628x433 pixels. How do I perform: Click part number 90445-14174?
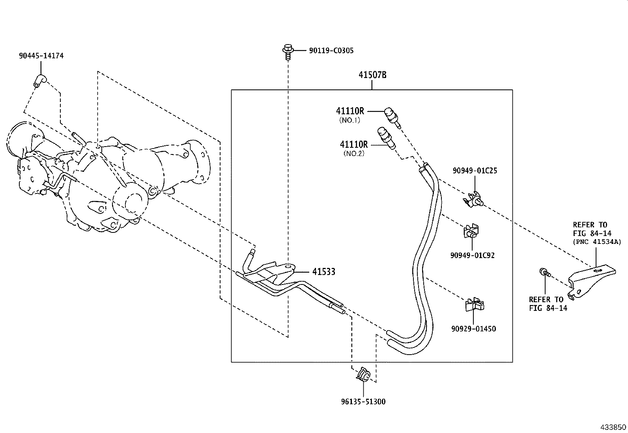(x=41, y=56)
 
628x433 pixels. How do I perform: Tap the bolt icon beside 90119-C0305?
(x=288, y=52)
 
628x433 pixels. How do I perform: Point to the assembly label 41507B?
(x=372, y=75)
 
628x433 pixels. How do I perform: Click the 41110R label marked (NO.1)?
(x=350, y=111)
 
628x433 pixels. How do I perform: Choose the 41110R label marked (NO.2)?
(x=354, y=144)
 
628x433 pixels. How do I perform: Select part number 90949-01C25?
(x=475, y=171)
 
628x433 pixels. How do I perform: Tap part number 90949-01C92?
(x=472, y=255)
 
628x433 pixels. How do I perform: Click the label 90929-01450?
(x=473, y=329)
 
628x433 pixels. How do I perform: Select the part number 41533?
(x=323, y=272)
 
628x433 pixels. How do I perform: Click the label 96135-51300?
(x=363, y=402)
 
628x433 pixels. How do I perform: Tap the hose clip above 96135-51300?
(x=363, y=375)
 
